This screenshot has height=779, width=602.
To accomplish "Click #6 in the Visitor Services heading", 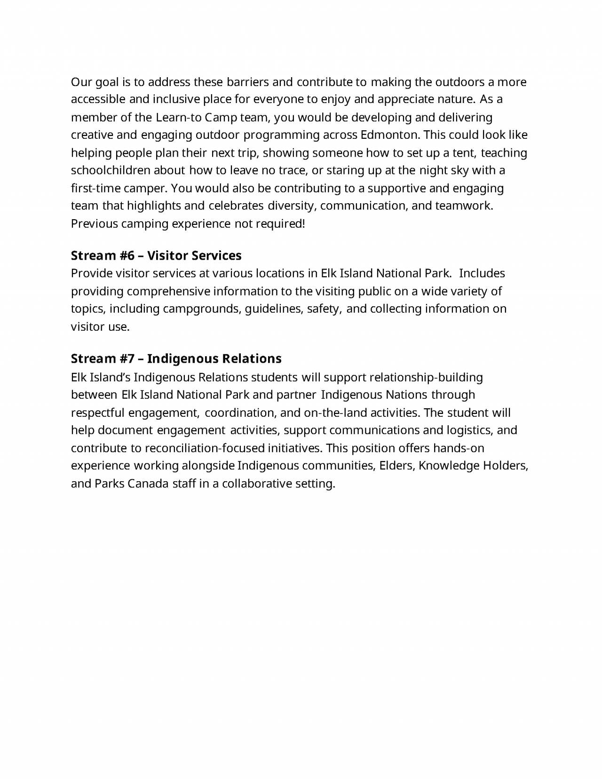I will pyautogui.click(x=127, y=255).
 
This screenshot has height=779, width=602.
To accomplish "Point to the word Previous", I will pyautogui.click(x=94, y=224).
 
